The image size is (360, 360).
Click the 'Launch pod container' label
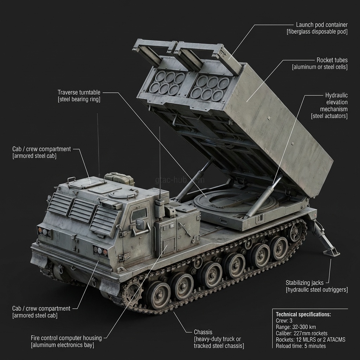[x=321, y=25]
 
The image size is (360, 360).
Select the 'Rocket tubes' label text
[x=332, y=60]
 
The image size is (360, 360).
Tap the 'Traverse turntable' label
[x=79, y=92]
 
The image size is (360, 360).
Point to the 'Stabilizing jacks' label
[x=304, y=283]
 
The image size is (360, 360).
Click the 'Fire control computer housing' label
[x=66, y=338]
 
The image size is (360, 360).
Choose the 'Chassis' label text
[x=203, y=332]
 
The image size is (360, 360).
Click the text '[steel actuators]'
[x=329, y=116]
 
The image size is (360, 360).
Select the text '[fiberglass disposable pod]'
[x=317, y=32]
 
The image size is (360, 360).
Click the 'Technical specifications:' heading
[x=303, y=314]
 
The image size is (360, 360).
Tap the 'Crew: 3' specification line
[x=284, y=321]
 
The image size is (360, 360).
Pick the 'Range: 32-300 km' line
[x=296, y=327]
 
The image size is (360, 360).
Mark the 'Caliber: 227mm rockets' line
[x=302, y=333]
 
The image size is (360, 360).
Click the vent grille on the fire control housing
[x=169, y=245]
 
